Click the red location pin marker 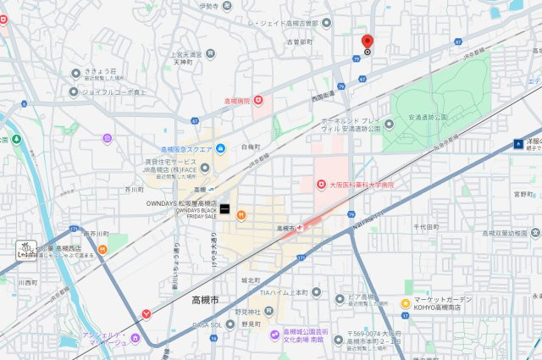click(x=367, y=42)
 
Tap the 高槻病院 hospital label click(x=238, y=101)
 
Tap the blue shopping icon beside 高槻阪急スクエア click(x=220, y=149)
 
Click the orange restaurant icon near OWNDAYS click(x=241, y=214)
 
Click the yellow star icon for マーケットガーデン click(x=406, y=302)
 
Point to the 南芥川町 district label click(x=97, y=233)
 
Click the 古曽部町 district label click(x=300, y=41)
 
